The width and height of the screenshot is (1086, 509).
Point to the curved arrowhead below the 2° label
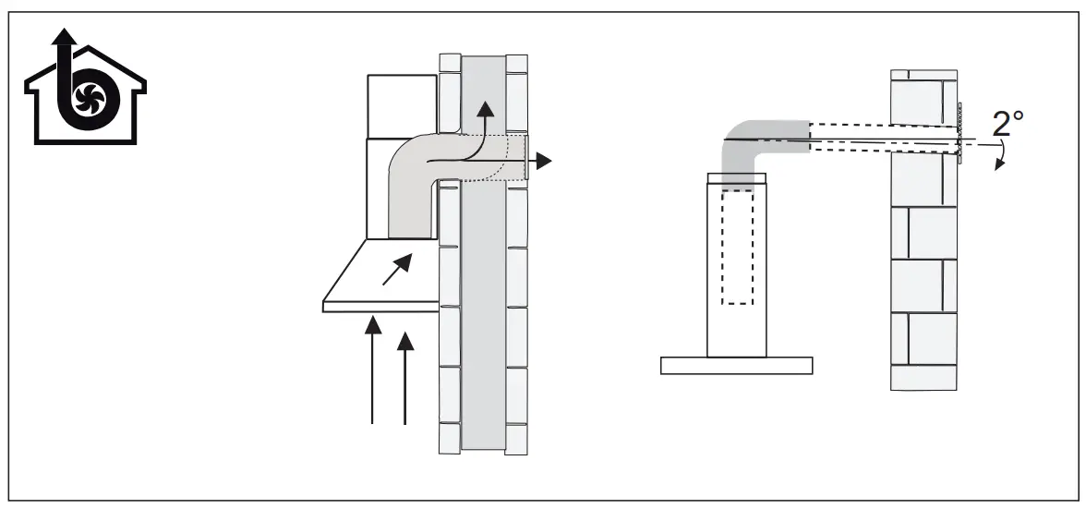click(996, 164)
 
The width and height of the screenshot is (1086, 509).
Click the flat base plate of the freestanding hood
click(736, 366)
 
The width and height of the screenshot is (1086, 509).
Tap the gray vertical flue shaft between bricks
click(483, 323)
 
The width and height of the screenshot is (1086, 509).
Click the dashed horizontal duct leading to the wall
click(877, 138)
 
